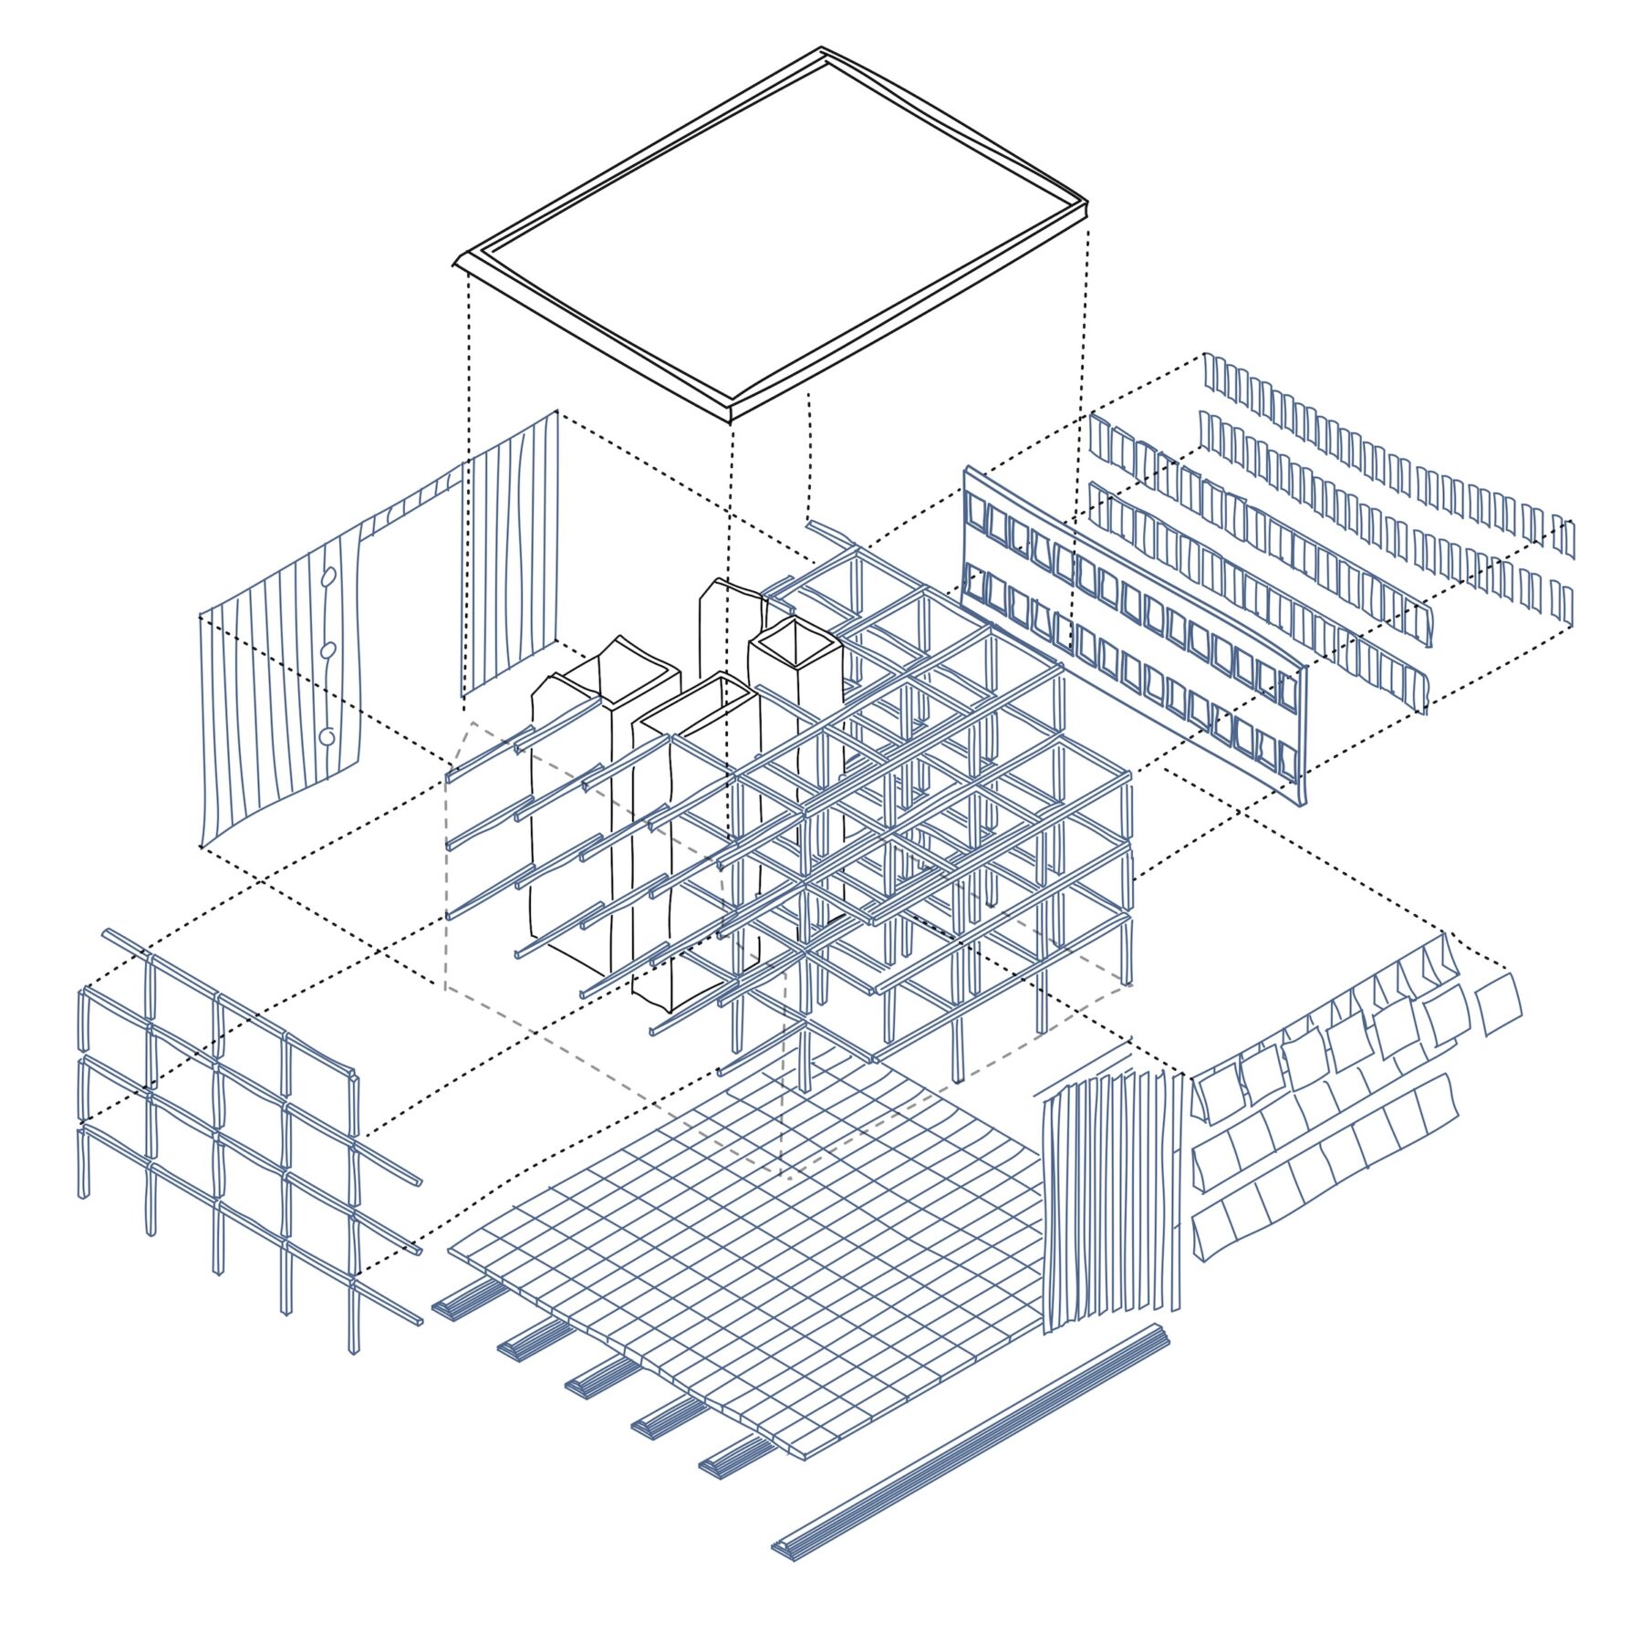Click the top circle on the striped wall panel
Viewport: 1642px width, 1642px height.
coord(329,577)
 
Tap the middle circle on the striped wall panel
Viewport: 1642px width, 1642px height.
coord(328,650)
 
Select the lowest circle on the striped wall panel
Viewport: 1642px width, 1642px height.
coord(327,736)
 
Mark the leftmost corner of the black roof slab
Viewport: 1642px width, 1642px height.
coord(454,265)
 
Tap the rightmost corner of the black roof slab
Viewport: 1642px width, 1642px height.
coord(1088,202)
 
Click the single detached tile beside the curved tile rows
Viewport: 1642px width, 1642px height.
coord(1498,1003)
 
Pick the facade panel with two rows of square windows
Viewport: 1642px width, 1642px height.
coord(1131,629)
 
